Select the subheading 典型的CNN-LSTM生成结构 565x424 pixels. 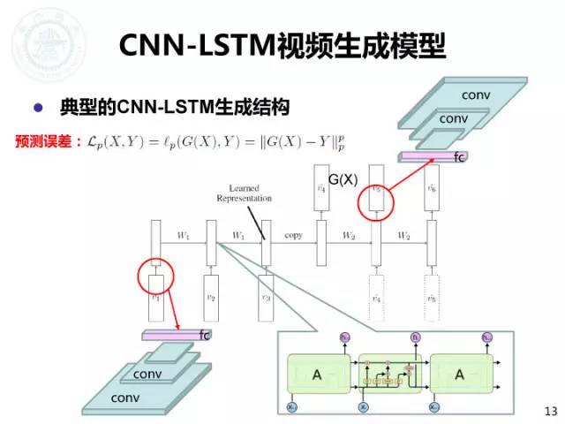[x=176, y=109]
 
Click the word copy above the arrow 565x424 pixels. [x=293, y=236]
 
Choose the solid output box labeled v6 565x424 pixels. [x=431, y=189]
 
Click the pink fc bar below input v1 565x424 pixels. [x=173, y=335]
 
